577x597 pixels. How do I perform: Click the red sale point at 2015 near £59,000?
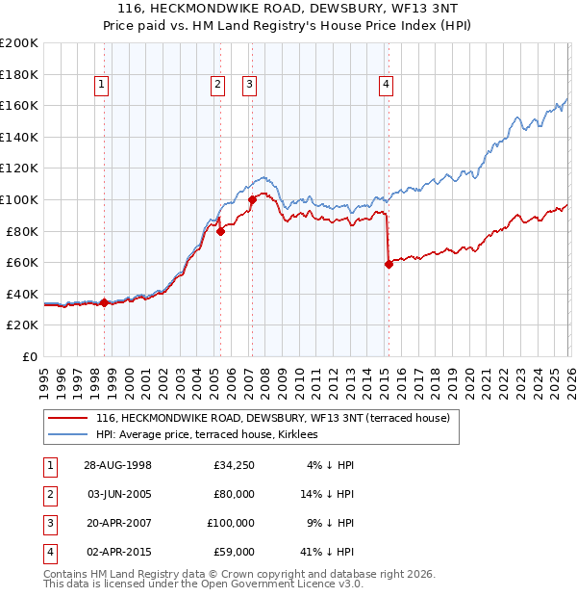tap(389, 264)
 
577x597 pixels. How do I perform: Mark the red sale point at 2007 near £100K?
tap(252, 199)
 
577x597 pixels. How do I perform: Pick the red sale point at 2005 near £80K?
tap(220, 231)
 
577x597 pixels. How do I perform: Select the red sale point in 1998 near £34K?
tap(105, 302)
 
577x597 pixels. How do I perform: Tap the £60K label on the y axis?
tap(23, 262)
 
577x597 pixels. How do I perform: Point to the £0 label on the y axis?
tap(30, 356)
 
